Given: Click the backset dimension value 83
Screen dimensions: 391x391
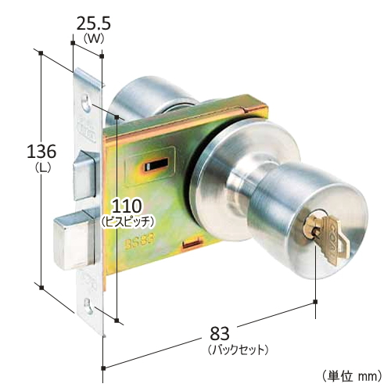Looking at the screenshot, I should tap(235, 334).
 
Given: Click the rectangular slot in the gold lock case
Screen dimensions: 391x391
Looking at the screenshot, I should tap(153, 166).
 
